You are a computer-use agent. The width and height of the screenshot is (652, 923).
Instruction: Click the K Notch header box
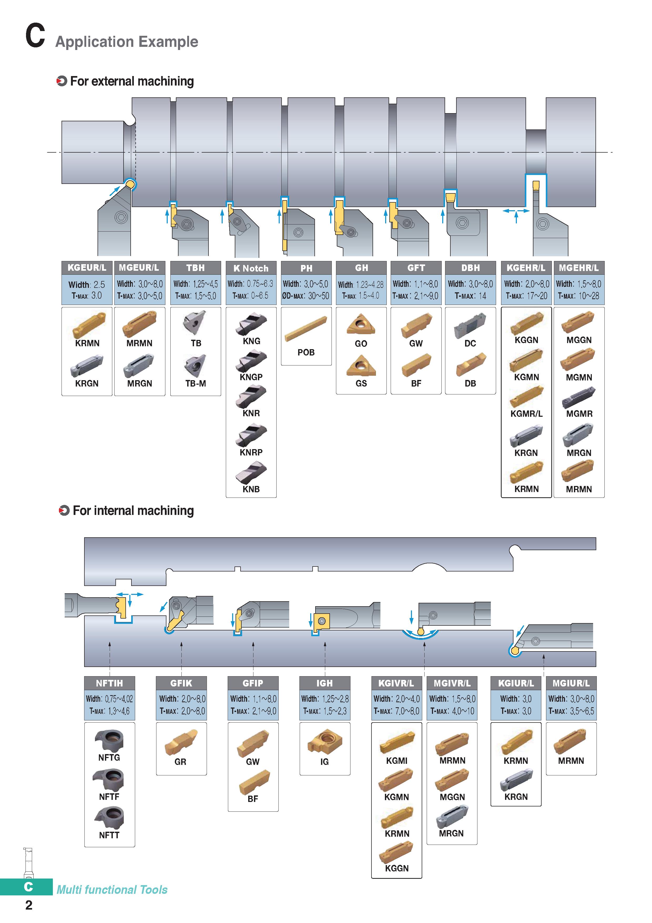[x=251, y=268]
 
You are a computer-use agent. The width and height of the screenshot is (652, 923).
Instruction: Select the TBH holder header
[x=196, y=268]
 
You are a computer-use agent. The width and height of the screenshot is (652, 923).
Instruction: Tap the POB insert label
[x=306, y=352]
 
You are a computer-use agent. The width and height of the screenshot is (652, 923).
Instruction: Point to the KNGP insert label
[x=251, y=377]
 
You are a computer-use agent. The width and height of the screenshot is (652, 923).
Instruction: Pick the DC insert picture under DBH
[x=470, y=325]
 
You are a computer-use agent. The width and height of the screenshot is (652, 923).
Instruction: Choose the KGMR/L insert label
[x=526, y=414]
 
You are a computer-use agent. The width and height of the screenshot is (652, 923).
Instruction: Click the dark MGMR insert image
[x=579, y=397]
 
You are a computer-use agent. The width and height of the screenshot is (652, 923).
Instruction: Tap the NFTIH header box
[x=109, y=683]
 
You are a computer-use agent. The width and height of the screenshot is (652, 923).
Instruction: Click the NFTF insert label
[x=109, y=796]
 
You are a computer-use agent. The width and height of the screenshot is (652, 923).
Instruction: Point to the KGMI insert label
[x=396, y=761]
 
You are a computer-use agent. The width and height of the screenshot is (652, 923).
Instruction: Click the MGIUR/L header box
[x=571, y=683]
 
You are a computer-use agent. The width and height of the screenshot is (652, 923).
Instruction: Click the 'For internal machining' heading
[x=133, y=510]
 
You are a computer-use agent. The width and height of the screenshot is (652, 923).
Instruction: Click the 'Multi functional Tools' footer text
[x=112, y=890]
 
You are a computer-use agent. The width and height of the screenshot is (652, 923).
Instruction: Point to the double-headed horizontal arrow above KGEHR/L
[x=516, y=211]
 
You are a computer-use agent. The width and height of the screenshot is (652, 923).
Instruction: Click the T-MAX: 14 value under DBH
[x=470, y=296]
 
